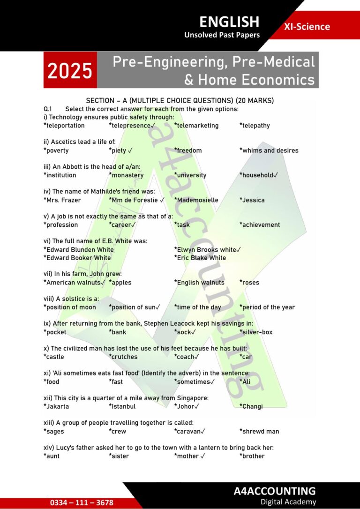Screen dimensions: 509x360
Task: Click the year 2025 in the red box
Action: point(70,71)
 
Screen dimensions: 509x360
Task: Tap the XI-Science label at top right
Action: point(307,27)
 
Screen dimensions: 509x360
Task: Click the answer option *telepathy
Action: point(255,126)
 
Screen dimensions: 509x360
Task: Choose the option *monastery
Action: point(126,175)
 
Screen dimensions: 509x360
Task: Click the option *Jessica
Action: point(252,200)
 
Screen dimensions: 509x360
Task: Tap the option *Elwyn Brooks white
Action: point(207,250)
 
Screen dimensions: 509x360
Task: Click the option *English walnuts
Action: point(199,283)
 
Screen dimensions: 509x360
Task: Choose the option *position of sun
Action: point(134,307)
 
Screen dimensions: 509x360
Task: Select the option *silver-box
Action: point(256,332)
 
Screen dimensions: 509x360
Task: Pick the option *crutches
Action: point(123,357)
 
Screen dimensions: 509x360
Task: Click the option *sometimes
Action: point(194,382)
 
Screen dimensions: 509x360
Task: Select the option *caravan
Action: point(189,431)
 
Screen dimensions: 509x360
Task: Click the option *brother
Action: point(252,456)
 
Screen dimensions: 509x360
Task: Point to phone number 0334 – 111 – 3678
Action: point(82,502)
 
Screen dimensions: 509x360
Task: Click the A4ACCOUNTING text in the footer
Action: point(275,491)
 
